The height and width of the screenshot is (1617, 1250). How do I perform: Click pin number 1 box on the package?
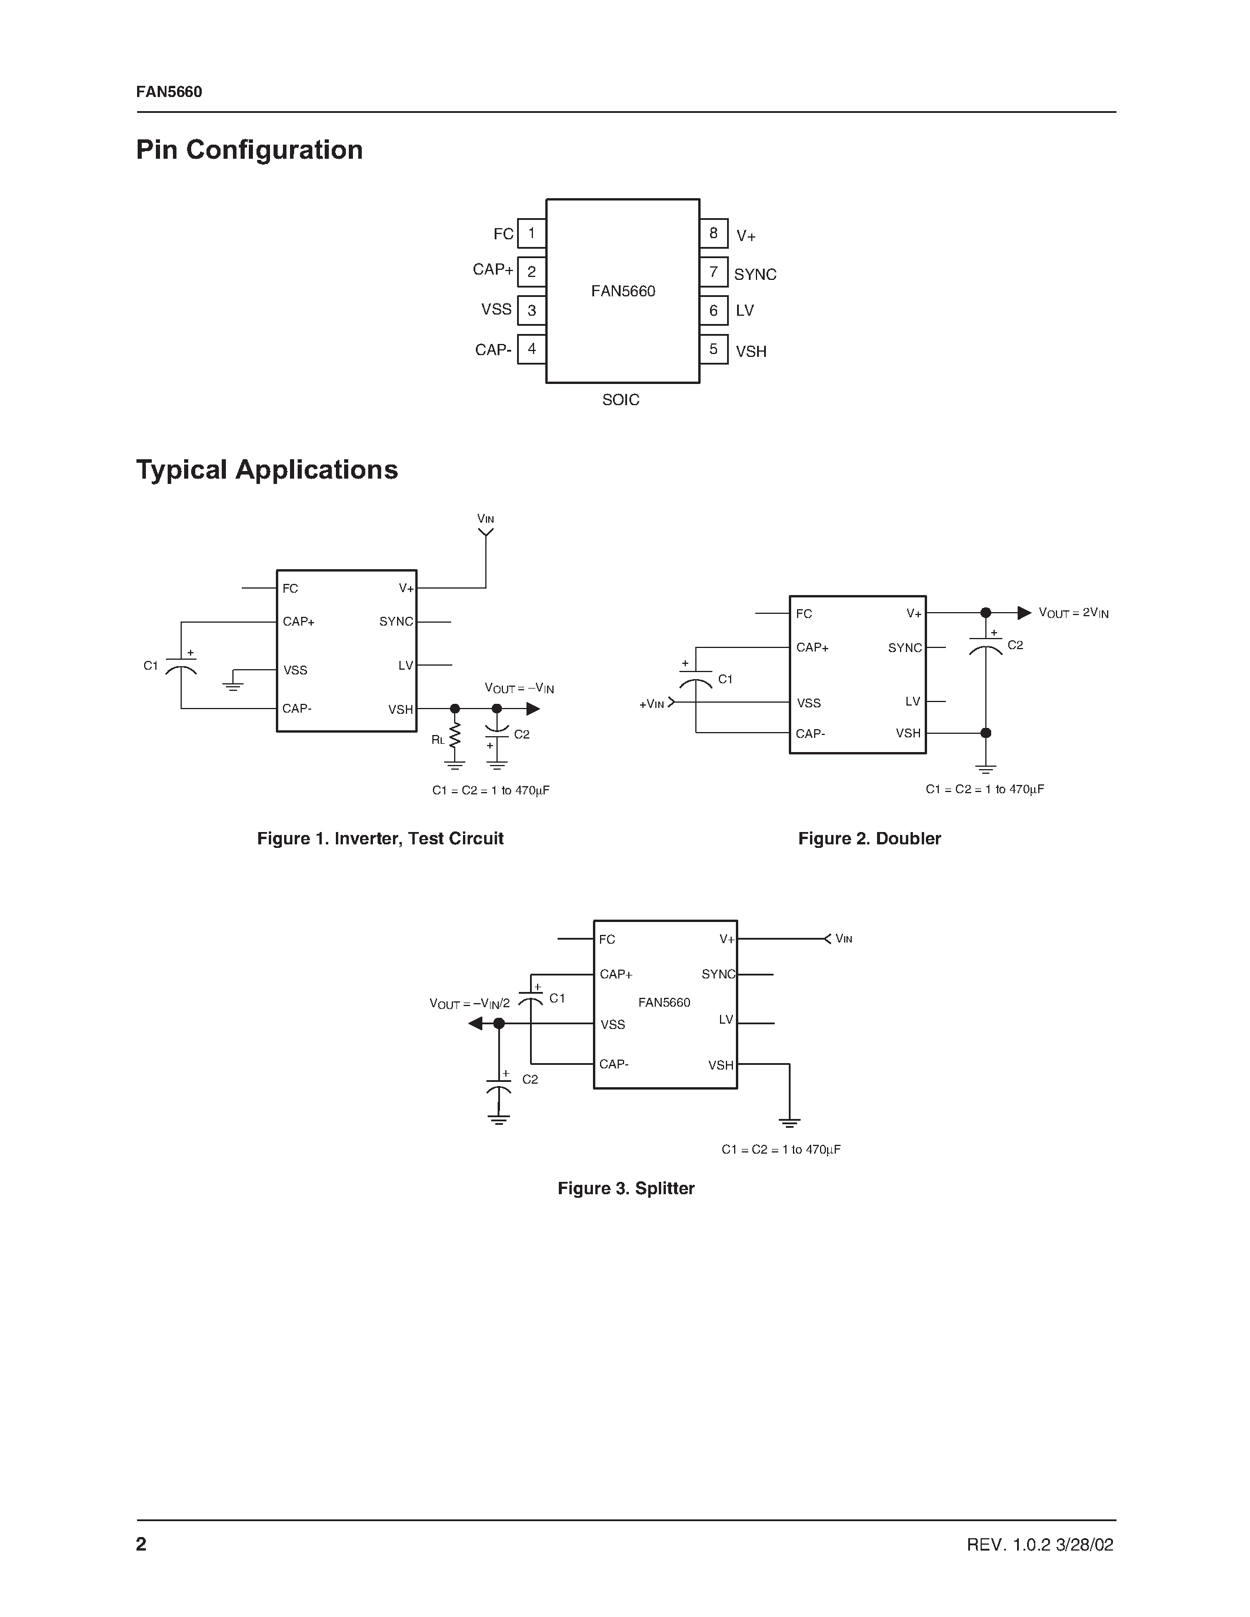[531, 233]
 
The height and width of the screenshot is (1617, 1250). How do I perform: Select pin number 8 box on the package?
[713, 233]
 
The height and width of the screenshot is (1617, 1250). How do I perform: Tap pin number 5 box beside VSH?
[713, 349]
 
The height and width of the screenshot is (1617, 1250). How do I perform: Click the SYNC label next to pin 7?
[755, 274]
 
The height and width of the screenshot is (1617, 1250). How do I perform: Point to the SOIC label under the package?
[621, 400]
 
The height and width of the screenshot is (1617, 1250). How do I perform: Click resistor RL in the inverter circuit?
[455, 736]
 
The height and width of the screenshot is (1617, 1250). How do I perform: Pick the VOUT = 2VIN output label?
[1073, 613]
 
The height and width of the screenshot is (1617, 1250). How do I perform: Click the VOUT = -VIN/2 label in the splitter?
[469, 1004]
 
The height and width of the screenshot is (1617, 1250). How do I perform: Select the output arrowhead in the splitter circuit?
[475, 1023]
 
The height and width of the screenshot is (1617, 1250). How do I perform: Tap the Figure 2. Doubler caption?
[869, 839]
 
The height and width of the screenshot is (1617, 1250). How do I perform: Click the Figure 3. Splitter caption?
[626, 1188]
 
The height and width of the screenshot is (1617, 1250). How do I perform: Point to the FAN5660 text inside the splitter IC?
[664, 1003]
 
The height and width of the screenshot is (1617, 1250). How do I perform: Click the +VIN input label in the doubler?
[652, 704]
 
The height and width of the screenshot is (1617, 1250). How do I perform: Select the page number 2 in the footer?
[141, 1543]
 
